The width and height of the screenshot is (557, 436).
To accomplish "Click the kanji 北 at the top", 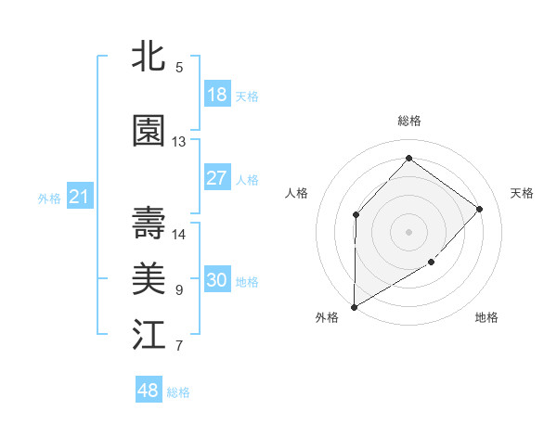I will tap(149, 57).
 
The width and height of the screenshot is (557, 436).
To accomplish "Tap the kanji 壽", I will tap(149, 223).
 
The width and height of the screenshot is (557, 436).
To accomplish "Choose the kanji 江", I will tap(149, 335).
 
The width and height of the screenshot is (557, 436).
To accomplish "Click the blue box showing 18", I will tap(217, 95).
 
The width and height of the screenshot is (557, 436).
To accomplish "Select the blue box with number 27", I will tap(217, 178).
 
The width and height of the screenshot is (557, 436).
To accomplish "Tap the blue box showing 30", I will tap(217, 280).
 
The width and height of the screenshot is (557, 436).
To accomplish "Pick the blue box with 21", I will tap(79, 197).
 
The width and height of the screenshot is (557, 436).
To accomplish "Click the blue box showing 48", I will tap(149, 391).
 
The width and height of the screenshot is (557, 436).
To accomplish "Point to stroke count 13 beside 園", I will tap(179, 142).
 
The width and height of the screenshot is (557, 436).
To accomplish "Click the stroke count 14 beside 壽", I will tap(179, 234).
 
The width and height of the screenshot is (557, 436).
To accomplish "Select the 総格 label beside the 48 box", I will tap(178, 392).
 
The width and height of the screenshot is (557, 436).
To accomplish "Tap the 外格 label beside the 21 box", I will tap(49, 199).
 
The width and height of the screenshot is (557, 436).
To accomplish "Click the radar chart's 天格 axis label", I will tap(522, 193).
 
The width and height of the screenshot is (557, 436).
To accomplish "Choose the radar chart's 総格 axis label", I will tap(408, 121).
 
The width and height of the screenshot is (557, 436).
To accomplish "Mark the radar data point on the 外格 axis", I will tap(354, 306).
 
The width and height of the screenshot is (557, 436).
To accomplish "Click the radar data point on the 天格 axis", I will tap(479, 209).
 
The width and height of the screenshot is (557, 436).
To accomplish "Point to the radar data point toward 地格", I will tap(432, 263).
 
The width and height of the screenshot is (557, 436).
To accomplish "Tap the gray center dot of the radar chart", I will tap(408, 231).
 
